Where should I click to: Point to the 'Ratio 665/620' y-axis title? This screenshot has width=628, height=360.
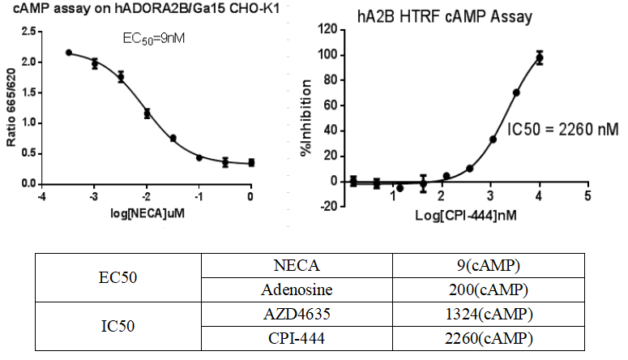click(12, 108)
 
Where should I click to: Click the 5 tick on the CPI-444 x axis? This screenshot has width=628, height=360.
click(587, 195)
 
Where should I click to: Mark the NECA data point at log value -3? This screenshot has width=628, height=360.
click(95, 63)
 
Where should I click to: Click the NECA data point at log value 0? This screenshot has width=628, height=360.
click(251, 163)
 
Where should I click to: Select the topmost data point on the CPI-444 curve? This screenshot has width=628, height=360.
click(539, 58)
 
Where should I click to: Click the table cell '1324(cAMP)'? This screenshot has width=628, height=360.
click(489, 314)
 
